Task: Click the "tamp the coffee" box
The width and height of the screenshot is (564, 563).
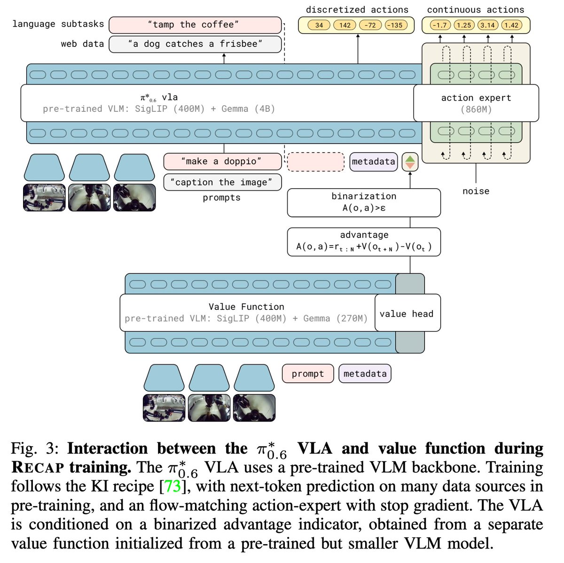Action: pos(195,25)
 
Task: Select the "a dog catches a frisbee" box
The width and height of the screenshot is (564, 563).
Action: pos(195,44)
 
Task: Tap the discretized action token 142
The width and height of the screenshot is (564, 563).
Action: pos(345,25)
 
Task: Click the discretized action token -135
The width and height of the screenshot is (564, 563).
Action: pos(396,25)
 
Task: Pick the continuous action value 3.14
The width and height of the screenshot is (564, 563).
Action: pos(487,25)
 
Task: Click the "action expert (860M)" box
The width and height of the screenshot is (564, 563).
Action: pos(476,103)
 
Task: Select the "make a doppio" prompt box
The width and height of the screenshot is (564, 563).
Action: pos(222,162)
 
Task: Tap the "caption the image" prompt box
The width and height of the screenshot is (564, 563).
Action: pos(222,182)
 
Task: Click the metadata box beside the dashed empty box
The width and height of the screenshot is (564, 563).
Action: pos(374,162)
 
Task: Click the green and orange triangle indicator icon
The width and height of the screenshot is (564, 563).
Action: pos(410,162)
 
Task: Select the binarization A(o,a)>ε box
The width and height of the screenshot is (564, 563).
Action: pos(364,202)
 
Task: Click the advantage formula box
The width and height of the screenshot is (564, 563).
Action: pos(364,241)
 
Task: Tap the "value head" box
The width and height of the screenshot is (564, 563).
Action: pos(407,314)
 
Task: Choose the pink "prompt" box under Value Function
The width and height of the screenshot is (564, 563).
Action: pos(308,374)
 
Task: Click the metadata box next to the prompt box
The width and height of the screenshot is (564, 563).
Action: pos(365,374)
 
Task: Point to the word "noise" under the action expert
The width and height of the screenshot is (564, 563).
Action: pos(476,191)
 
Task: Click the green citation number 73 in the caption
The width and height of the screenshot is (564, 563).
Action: pos(172,486)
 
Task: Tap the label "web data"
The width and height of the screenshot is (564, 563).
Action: pos(82,44)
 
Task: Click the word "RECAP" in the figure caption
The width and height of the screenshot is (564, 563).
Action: pos(37,468)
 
